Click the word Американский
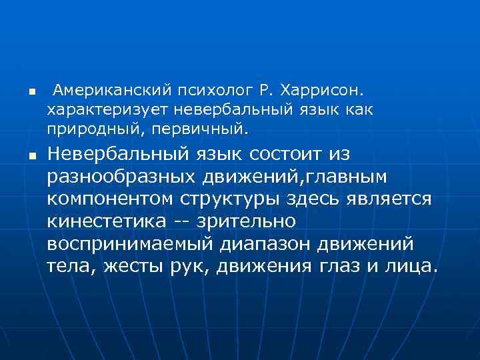point(110,89)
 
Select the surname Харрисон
point(323,89)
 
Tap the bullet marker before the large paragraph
point(21,157)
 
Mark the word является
point(393,199)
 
